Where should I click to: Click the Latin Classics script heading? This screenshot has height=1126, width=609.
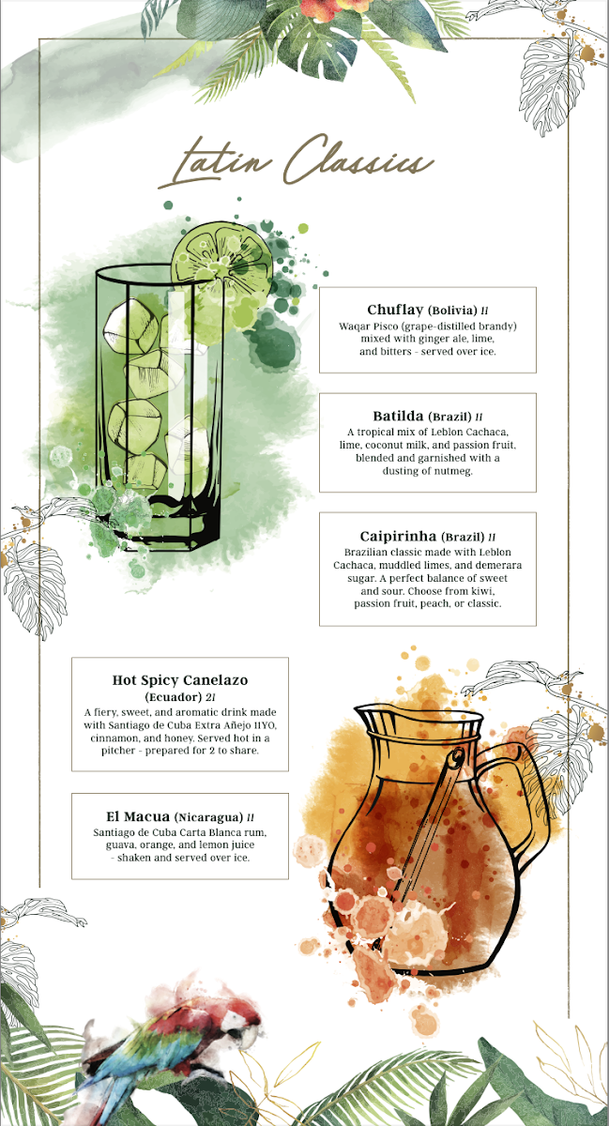(x=297, y=161)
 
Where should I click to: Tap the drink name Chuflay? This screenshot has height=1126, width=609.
(x=395, y=311)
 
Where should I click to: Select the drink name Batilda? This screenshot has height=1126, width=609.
(x=398, y=417)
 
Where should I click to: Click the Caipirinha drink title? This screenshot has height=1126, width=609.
(x=398, y=537)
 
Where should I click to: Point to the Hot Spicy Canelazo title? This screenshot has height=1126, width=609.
(x=180, y=680)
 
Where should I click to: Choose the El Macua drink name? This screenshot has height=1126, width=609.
(x=138, y=816)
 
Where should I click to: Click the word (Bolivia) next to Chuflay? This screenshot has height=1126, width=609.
(x=452, y=311)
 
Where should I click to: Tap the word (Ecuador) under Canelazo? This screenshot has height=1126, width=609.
(x=174, y=697)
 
